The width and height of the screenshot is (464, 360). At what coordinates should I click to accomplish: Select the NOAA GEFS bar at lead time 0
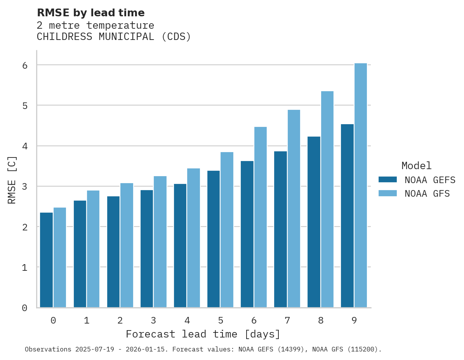(47, 260)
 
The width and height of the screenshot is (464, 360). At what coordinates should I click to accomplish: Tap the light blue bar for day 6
(261, 217)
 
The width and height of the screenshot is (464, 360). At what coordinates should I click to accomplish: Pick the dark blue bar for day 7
(280, 229)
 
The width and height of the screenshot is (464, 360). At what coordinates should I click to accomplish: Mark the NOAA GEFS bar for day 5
(214, 239)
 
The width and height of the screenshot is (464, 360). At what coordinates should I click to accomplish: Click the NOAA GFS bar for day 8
(327, 199)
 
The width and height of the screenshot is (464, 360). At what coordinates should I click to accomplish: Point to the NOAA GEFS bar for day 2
(113, 252)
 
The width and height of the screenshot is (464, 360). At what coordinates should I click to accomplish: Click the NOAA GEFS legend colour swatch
(388, 179)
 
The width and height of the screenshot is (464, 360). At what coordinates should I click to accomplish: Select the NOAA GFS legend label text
(427, 193)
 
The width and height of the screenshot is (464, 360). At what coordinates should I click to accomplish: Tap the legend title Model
(416, 166)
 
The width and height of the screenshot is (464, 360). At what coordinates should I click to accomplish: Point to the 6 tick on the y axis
(25, 65)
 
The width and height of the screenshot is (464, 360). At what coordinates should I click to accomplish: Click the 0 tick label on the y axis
(25, 308)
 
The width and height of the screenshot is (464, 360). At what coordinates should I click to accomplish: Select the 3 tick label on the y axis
(25, 187)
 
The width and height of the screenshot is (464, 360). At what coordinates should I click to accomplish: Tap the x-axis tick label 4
(187, 320)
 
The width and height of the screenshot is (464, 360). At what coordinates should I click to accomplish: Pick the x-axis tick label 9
(354, 320)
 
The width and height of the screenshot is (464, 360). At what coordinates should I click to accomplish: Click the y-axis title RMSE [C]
(12, 179)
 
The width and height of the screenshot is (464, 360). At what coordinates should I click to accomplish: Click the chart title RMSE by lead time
(90, 13)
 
